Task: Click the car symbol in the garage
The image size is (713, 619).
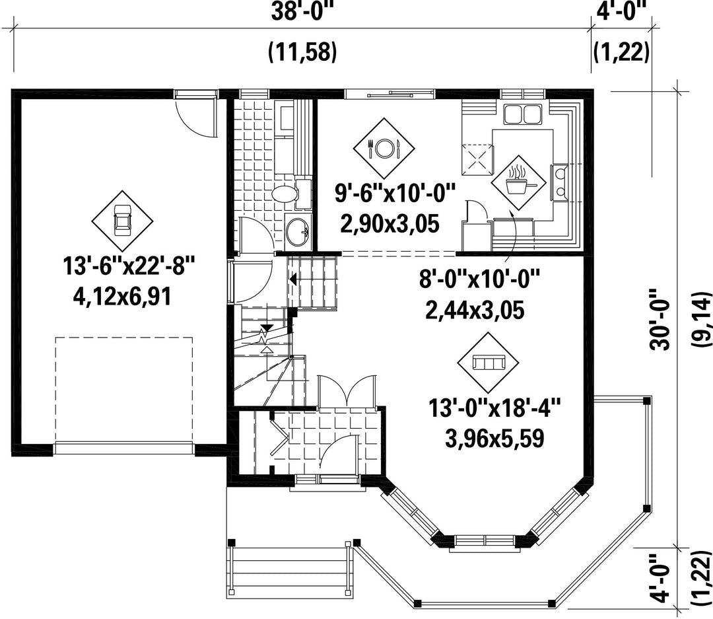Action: (122, 219)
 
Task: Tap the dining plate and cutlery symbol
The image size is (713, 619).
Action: (384, 147)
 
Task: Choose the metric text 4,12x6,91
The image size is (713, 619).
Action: (122, 297)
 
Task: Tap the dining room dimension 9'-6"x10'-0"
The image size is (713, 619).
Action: (395, 194)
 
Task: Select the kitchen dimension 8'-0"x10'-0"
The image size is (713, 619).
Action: (479, 279)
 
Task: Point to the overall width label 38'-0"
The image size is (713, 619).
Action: (302, 13)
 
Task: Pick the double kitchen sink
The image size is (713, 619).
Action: (522, 114)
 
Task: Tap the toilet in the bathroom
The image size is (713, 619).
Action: (290, 192)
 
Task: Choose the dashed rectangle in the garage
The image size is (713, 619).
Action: (123, 389)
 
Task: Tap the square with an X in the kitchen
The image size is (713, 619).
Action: (477, 159)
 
